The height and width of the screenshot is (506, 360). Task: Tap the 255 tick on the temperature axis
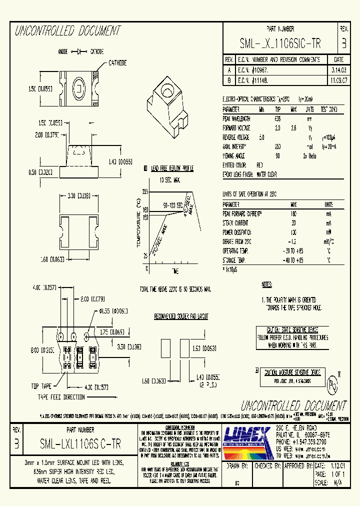coord(145,191)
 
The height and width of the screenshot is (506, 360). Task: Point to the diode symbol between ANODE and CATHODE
coord(79,51)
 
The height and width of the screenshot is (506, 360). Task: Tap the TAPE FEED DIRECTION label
coord(62,396)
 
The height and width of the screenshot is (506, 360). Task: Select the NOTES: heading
coord(267,284)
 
